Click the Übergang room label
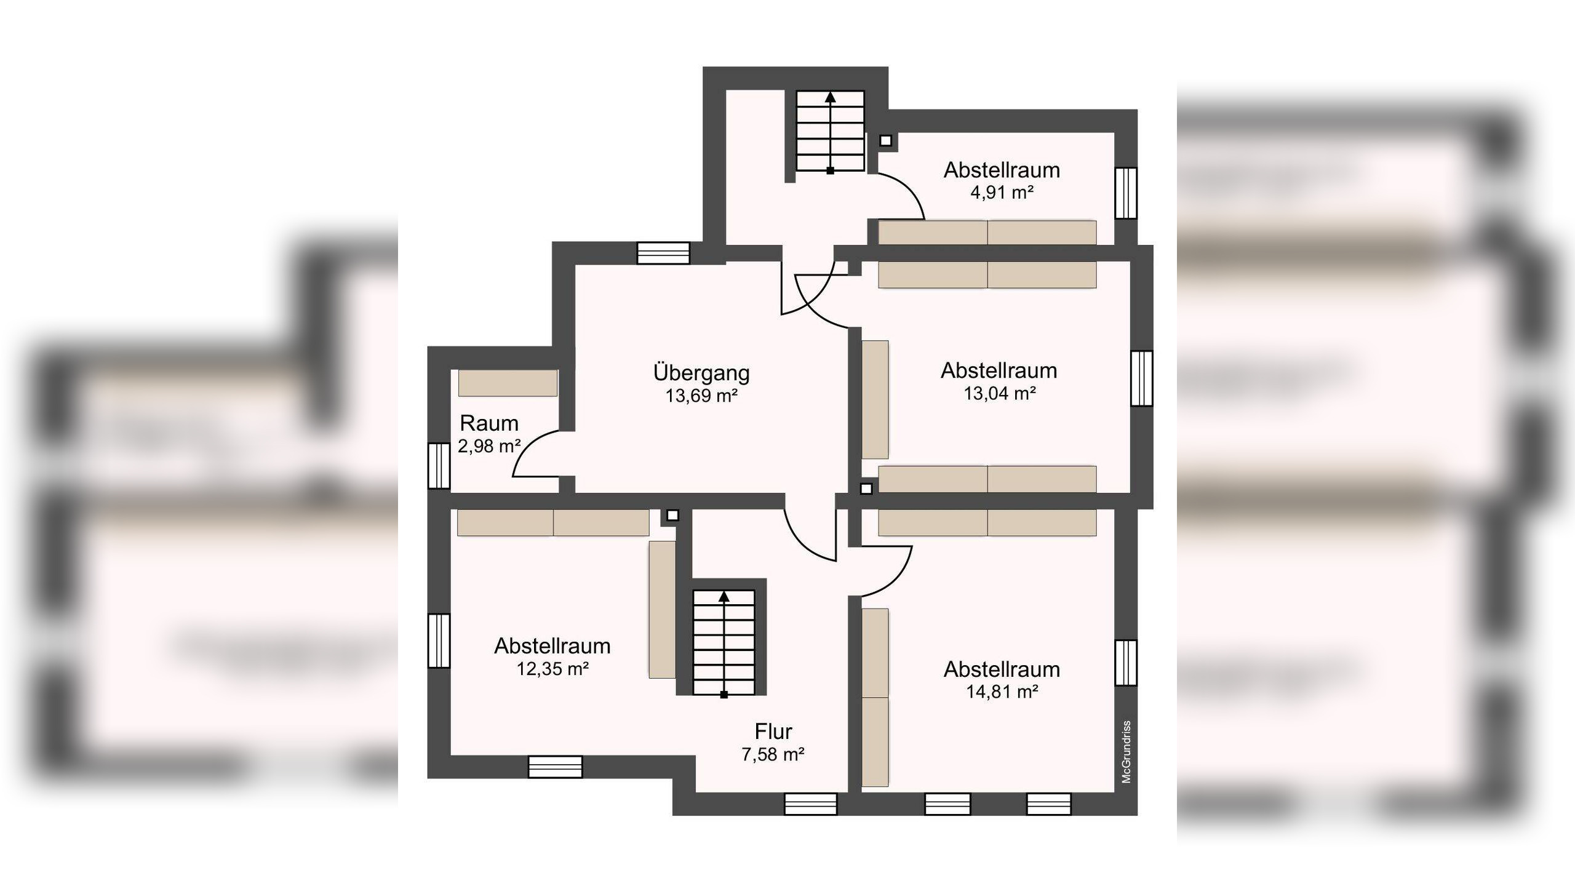pos(701,373)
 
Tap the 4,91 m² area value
pos(1002,193)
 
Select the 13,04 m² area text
pos(999,393)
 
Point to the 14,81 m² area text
pos(1002,692)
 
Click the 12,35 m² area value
pos(552,668)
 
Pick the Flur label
pos(773,732)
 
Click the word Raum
pos(489,423)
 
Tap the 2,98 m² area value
pos(489,445)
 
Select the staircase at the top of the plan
pos(831,131)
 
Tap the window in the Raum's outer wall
pos(439,466)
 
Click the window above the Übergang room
pos(663,253)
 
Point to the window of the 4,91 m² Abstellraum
pos(1126,193)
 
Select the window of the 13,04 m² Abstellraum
pos(1142,378)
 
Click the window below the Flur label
pos(810,804)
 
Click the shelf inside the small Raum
pos(508,383)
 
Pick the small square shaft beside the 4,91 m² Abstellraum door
pos(885,141)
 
